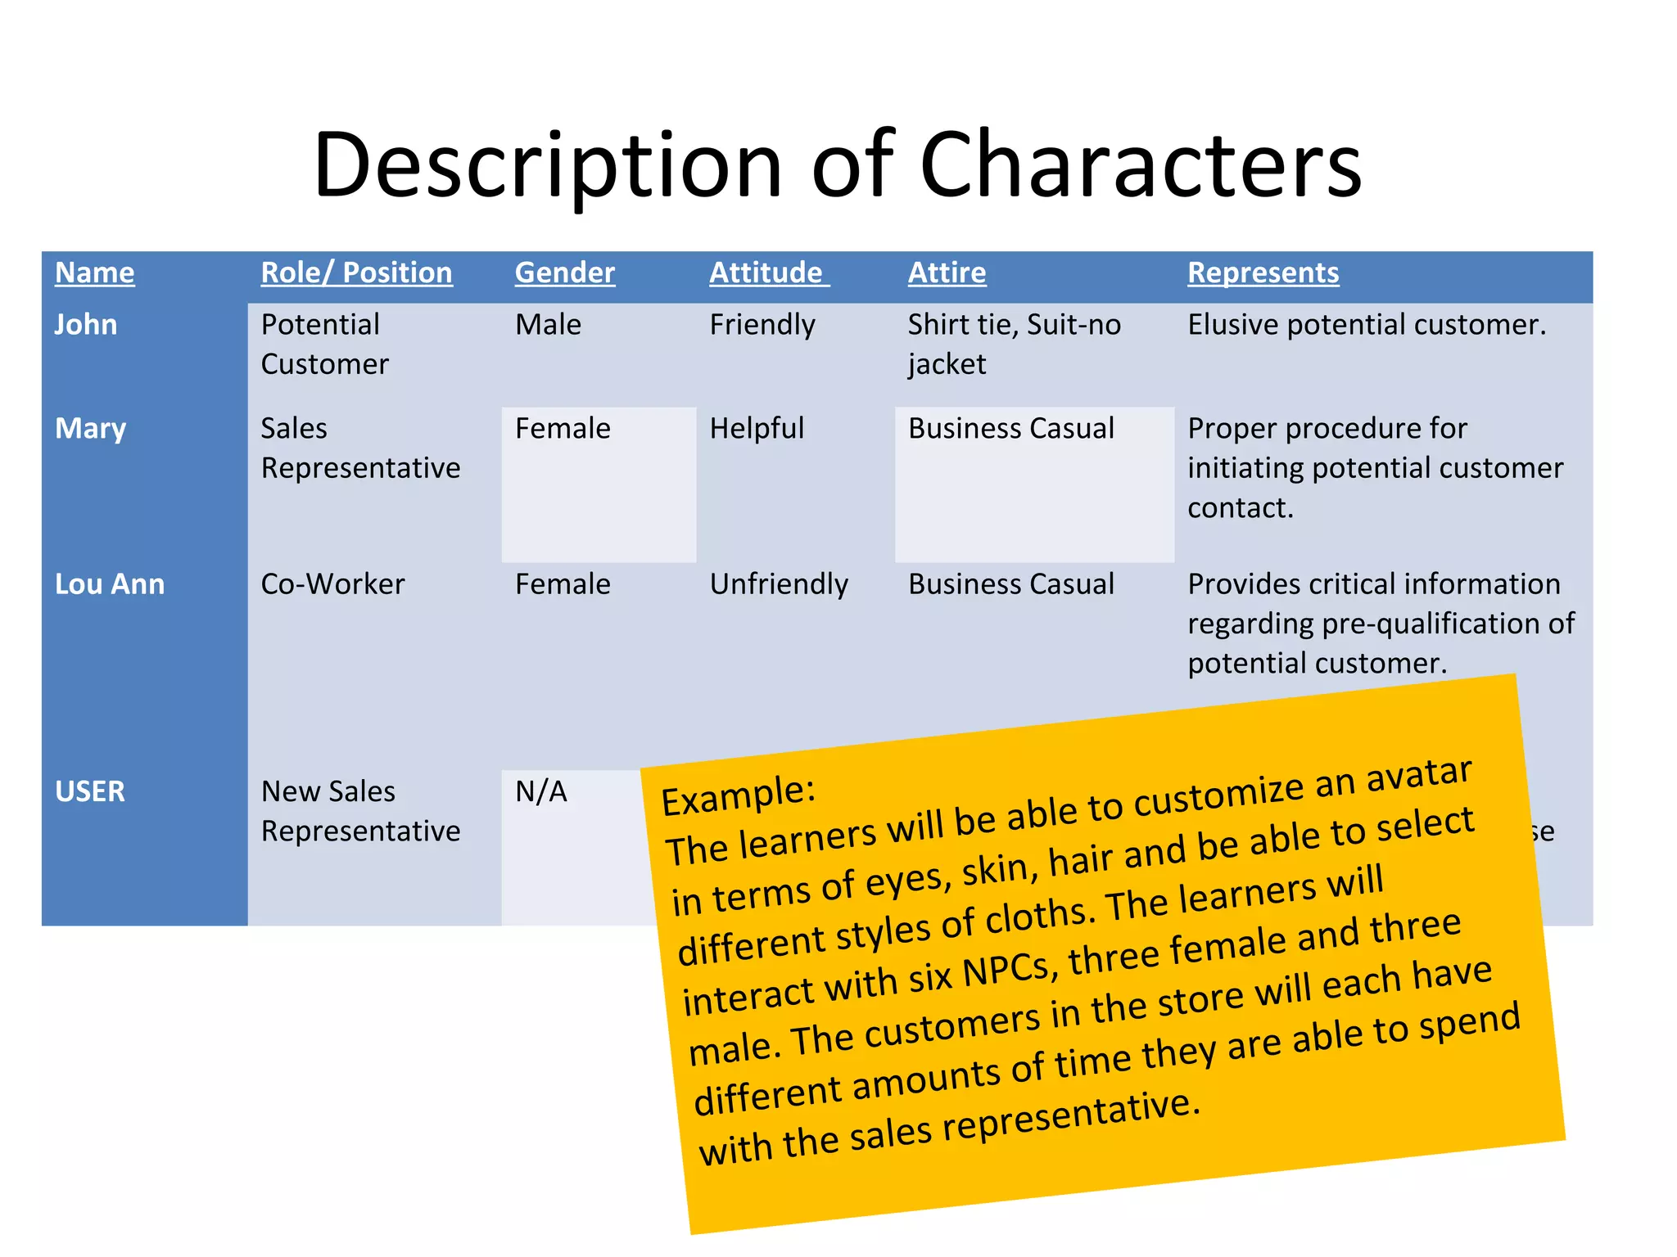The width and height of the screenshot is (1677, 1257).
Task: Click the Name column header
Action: (94, 273)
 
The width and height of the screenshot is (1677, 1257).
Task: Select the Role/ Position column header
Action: (356, 273)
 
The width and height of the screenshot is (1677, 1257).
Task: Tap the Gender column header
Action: (564, 273)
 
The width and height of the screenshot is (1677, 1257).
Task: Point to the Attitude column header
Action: (768, 273)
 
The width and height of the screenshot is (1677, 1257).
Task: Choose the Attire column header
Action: (947, 273)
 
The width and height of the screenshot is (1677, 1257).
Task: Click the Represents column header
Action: (1263, 273)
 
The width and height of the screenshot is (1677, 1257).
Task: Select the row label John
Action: (86, 325)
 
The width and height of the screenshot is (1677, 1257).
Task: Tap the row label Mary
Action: (90, 429)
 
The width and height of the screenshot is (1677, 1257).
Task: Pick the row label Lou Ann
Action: (110, 584)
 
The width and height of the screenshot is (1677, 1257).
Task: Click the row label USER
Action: (90, 791)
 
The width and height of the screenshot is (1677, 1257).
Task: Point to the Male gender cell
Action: (548, 325)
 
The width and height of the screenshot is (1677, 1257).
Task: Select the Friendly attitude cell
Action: (762, 326)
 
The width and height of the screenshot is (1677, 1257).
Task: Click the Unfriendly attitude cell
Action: (779, 584)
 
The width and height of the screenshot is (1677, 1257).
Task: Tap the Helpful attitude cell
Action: (757, 429)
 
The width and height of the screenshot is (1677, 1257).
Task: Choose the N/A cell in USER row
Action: (540, 791)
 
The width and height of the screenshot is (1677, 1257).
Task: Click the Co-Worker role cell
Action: (332, 584)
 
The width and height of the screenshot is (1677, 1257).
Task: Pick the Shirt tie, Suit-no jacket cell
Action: (1014, 344)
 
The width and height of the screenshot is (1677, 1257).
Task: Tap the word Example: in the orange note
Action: (738, 795)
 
